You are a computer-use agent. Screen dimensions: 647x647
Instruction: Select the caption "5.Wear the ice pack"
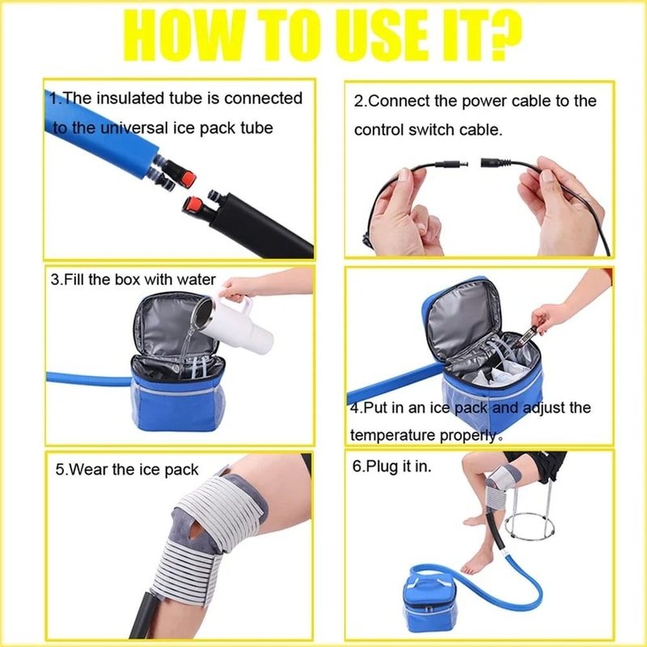point(127,469)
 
